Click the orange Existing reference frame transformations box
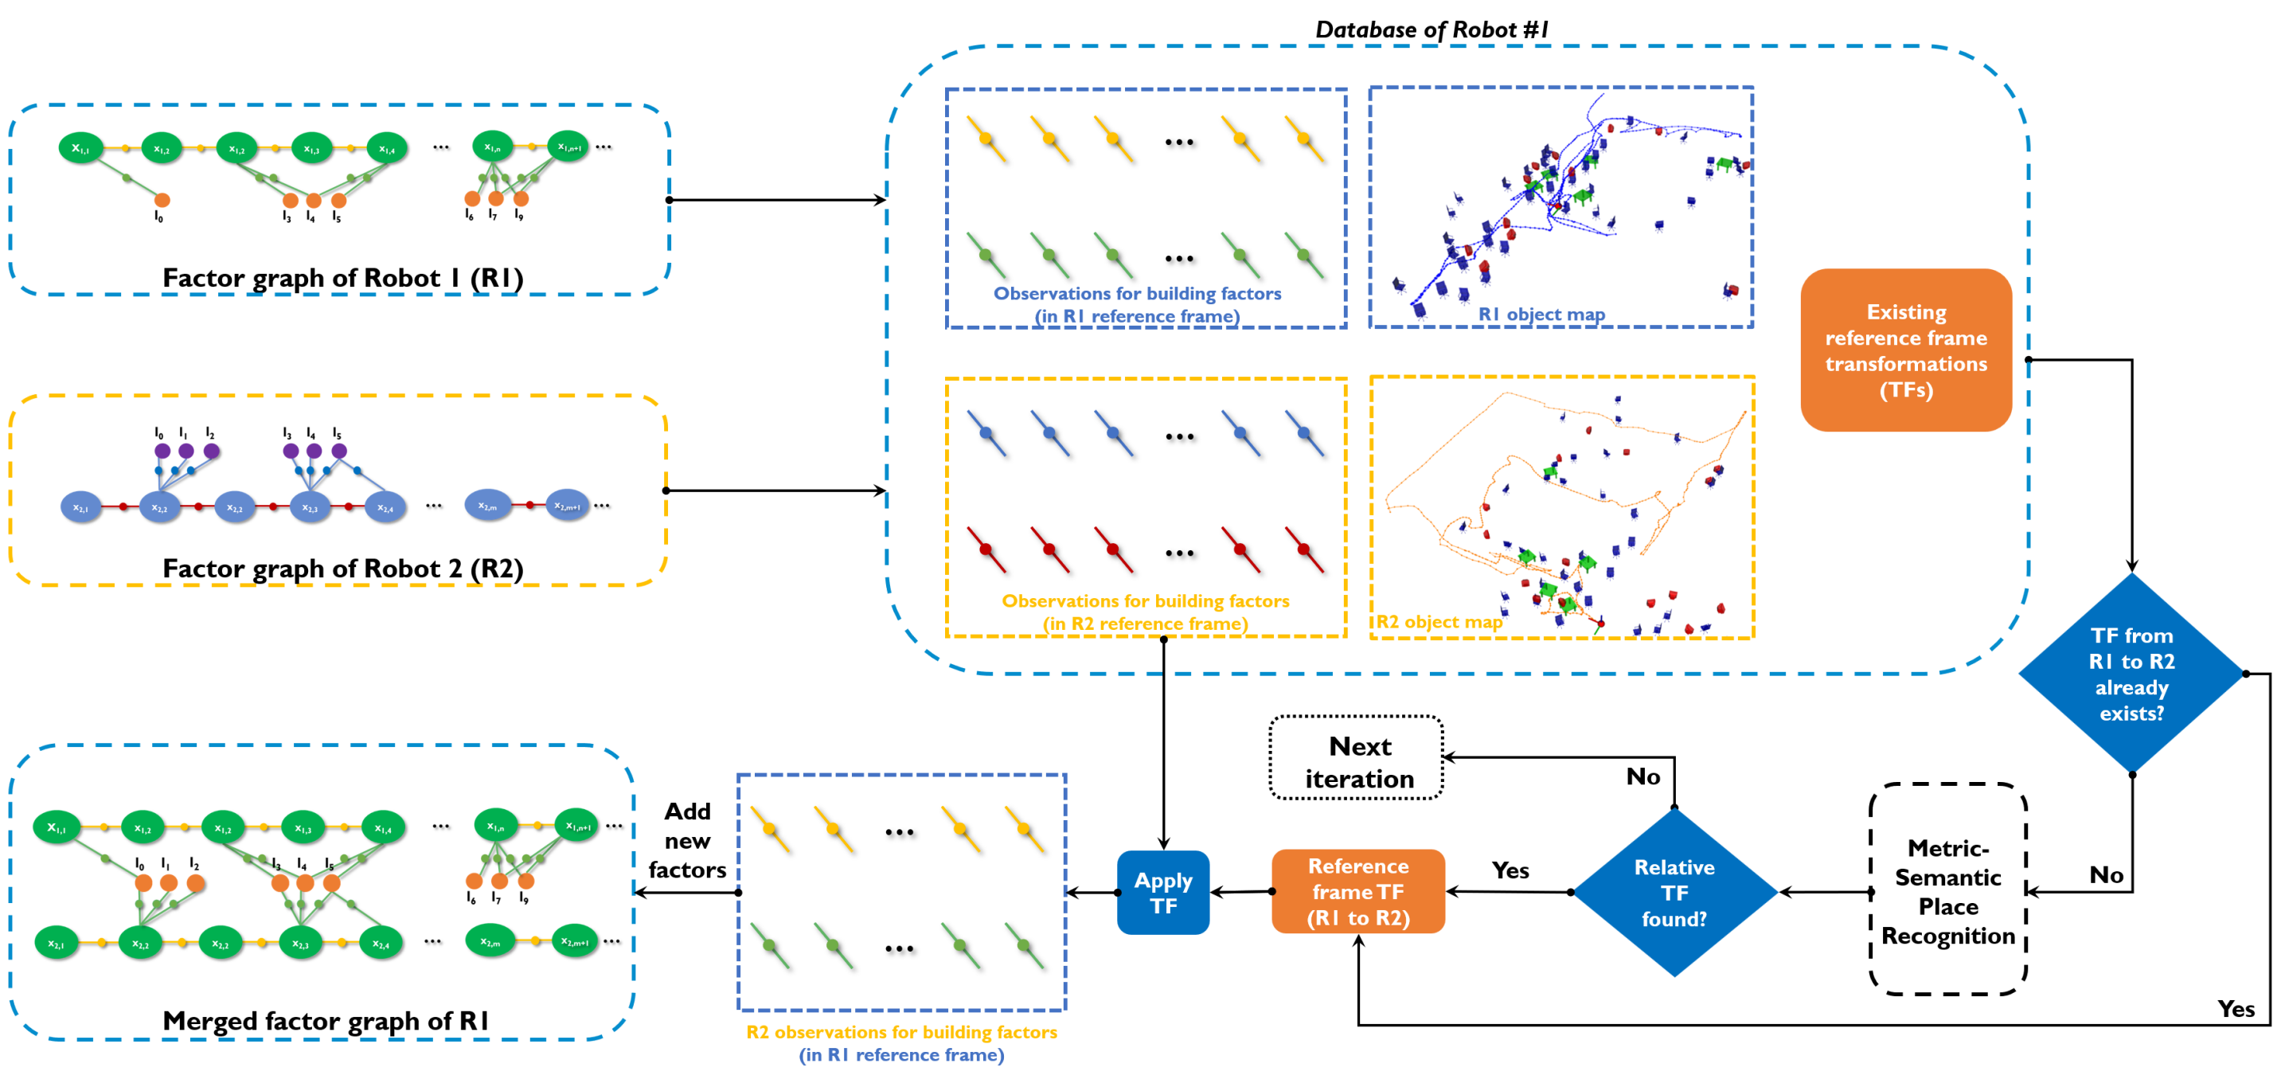click(1905, 350)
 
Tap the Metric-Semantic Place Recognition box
click(1947, 890)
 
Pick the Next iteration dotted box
click(1357, 761)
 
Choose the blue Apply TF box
click(1163, 893)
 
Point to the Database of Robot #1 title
click(1431, 29)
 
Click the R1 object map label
click(1541, 314)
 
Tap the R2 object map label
click(1439, 622)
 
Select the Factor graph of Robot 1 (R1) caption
click(342, 278)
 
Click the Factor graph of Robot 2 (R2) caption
click(342, 569)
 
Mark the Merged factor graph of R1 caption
click(326, 1021)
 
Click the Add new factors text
click(687, 840)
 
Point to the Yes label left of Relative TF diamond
click(1510, 870)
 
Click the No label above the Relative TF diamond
click(1642, 777)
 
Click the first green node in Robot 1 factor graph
click(80, 148)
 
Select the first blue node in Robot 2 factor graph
click(80, 507)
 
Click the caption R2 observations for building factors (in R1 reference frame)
click(901, 1043)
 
